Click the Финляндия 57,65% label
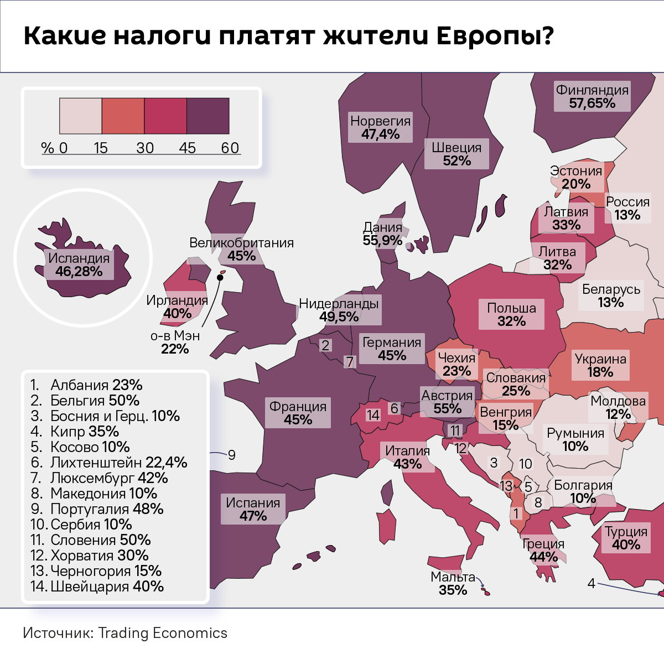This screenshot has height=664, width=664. (x=592, y=96)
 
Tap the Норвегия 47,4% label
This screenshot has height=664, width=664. (x=381, y=127)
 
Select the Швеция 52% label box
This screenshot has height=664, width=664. (x=456, y=154)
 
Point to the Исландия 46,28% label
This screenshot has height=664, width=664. (x=79, y=264)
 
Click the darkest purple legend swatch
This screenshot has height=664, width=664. (x=208, y=116)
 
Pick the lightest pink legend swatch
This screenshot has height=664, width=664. (x=81, y=116)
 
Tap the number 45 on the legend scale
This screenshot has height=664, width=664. (x=187, y=148)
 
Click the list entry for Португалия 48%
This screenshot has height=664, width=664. (x=97, y=509)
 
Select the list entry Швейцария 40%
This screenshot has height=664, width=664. (x=97, y=587)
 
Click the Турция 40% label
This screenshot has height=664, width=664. (x=626, y=538)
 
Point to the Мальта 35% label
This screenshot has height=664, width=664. (x=453, y=584)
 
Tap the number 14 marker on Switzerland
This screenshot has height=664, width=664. (x=373, y=415)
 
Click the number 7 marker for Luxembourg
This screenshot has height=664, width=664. (x=350, y=362)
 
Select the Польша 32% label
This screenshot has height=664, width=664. (x=511, y=314)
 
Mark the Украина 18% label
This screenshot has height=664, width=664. (x=600, y=365)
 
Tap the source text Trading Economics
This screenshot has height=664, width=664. (x=163, y=633)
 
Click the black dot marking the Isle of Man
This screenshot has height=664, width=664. (x=220, y=278)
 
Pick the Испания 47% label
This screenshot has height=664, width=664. (x=253, y=509)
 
